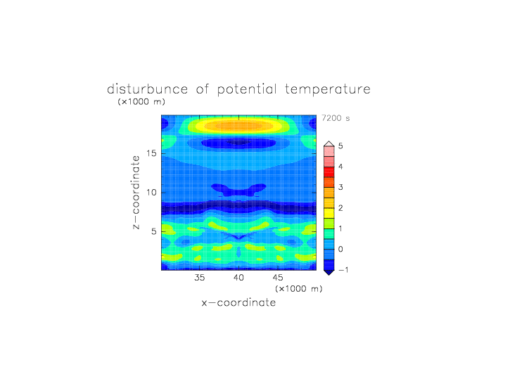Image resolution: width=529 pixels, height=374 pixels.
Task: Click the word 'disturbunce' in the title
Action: [147, 89]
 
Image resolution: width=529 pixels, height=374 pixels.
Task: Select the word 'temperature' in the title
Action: [328, 89]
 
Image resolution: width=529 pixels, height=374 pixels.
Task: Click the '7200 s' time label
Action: [336, 118]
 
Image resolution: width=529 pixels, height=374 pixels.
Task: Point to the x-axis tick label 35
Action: [199, 278]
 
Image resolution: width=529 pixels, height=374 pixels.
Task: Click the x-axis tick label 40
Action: [238, 278]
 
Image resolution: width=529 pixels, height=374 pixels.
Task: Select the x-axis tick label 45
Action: [278, 278]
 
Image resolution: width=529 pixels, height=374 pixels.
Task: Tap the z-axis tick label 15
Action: [151, 153]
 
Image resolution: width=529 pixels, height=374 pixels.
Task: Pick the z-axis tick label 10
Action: [151, 193]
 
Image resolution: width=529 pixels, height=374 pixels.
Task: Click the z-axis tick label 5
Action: [154, 232]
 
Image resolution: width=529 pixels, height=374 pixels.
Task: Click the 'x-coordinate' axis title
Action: [238, 302]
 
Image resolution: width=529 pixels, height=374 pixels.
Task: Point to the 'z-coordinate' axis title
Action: [136, 193]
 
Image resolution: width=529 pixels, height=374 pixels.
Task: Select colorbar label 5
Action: [340, 146]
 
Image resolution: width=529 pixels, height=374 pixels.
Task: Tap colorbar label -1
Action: [343, 270]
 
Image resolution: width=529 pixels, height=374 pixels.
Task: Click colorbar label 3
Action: [340, 187]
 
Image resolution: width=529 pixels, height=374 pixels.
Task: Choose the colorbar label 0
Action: [340, 250]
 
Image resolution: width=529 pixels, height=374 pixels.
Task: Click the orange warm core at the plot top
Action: [238, 126]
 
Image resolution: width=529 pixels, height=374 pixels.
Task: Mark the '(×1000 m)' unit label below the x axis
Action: [298, 289]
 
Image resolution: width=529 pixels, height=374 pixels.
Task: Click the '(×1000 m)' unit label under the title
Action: [141, 101]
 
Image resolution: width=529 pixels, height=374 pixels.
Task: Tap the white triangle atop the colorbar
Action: [329, 143]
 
